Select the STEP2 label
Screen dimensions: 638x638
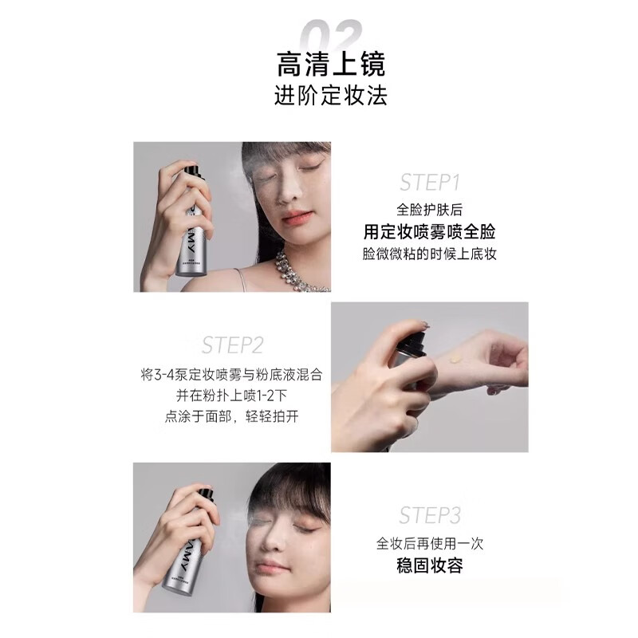click(x=232, y=345)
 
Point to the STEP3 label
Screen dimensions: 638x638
click(x=430, y=514)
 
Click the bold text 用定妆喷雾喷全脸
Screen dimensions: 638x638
click(x=430, y=231)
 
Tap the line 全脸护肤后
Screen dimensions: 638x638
click(x=430, y=210)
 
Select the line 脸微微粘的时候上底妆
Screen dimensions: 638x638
click(x=430, y=254)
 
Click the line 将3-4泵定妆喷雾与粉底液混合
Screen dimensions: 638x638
click(x=232, y=375)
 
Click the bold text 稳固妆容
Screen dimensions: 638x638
click(x=430, y=566)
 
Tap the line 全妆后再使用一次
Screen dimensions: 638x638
click(x=430, y=544)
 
